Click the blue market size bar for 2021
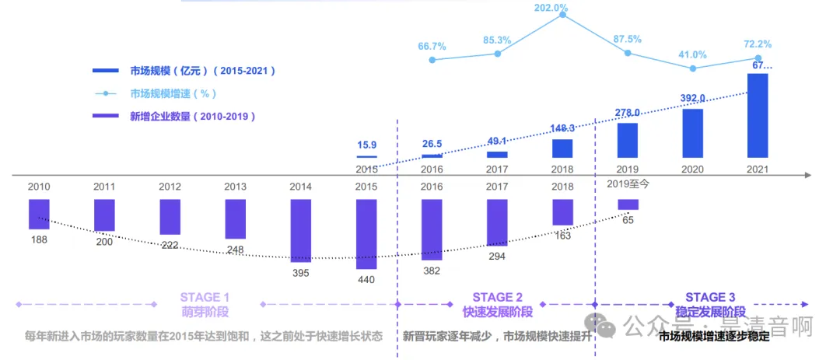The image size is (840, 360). click(758, 117)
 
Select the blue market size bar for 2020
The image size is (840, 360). click(692, 134)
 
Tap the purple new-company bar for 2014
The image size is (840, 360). click(300, 230)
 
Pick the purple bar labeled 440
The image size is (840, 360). click(366, 234)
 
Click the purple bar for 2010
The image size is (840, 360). click(39, 215)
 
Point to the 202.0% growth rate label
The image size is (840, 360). click(551, 8)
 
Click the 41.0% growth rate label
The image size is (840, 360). click(692, 54)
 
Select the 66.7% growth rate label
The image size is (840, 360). click(432, 47)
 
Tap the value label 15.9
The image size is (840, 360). click(366, 145)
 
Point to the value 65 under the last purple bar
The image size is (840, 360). click(628, 220)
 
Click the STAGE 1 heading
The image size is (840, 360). click(205, 297)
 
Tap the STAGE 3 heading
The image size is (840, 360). click(710, 297)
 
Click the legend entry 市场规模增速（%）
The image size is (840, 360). click(174, 93)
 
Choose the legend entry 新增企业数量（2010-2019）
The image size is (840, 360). click(193, 117)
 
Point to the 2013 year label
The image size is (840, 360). click(235, 187)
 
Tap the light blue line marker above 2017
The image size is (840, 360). click(497, 54)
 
